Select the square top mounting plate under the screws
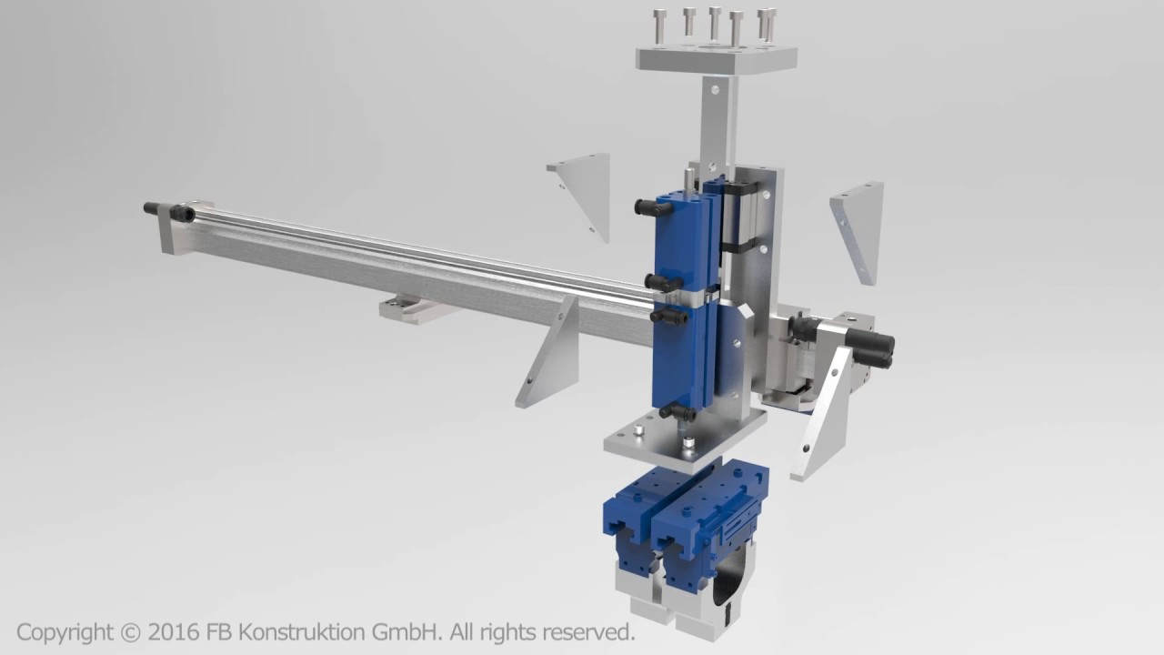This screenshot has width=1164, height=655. coord(716,58)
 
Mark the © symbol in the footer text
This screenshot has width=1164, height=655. coord(131,631)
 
